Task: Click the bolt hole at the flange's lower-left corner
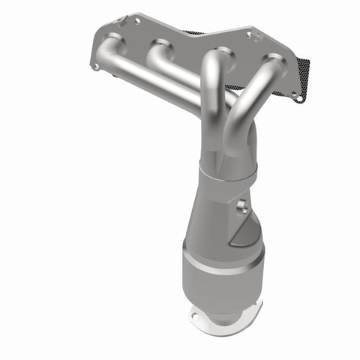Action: pyautogui.click(x=95, y=67)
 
